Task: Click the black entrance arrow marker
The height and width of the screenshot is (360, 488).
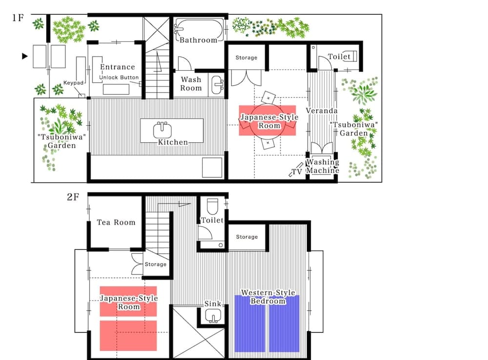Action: point(24,56)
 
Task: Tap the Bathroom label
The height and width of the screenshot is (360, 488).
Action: point(198,40)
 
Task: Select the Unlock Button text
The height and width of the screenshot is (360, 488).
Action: point(119,78)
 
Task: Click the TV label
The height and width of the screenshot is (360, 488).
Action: point(296,172)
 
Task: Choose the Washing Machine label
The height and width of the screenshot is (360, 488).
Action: point(322,166)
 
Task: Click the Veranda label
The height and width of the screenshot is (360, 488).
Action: point(322,111)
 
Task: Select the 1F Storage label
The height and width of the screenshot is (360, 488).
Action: point(246,58)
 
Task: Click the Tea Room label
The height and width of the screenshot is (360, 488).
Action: point(116,222)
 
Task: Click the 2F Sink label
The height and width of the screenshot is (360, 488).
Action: point(213,304)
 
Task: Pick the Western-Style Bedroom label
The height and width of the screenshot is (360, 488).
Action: point(268,297)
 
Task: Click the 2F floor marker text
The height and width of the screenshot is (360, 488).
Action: point(73,198)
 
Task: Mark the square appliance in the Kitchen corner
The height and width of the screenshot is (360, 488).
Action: point(212,167)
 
